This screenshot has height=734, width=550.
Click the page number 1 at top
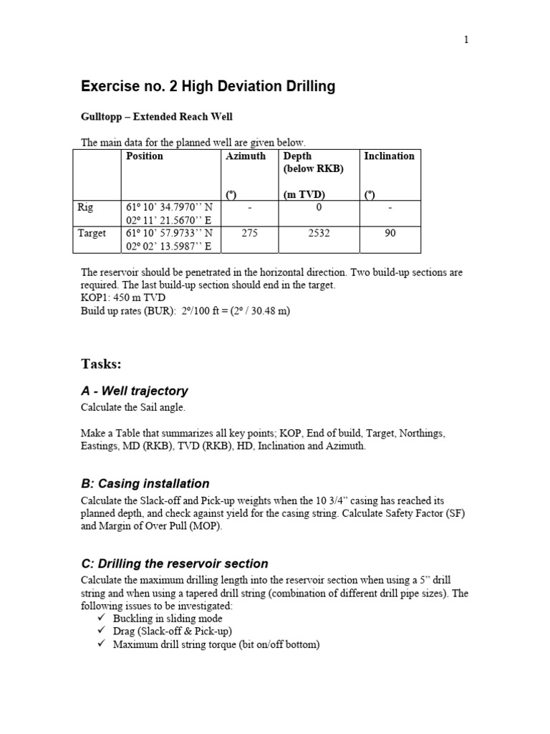point(466,40)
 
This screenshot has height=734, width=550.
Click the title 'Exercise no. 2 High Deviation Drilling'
point(208,87)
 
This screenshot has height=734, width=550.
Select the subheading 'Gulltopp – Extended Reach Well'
point(156,116)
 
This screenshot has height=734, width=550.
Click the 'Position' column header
point(144,156)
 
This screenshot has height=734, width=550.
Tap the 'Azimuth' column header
point(246,156)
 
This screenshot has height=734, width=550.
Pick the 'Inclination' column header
point(389,156)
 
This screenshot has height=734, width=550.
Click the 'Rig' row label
point(85,207)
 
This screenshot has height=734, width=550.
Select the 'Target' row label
point(91,233)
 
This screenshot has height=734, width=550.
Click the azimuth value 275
point(249,233)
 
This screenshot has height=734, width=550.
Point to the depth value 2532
point(319,233)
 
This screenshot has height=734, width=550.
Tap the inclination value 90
point(390,233)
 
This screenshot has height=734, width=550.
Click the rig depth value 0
point(319,207)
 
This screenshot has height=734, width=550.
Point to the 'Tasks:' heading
point(101,364)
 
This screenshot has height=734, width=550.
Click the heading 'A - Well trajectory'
point(135,391)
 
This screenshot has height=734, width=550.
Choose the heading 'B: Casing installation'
point(145,484)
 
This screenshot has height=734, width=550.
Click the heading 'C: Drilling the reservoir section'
point(174,563)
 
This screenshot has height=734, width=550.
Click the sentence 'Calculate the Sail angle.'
point(132,407)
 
